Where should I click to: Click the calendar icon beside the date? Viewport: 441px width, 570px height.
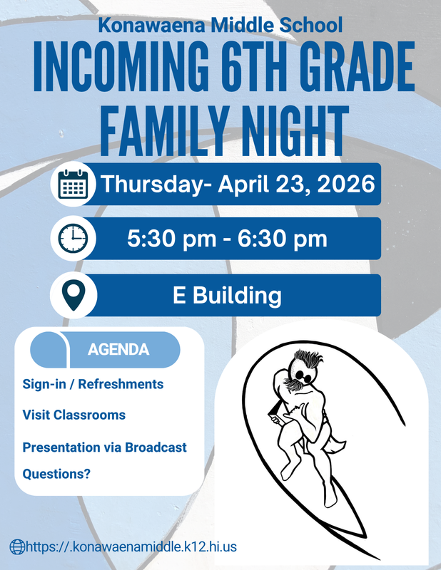pyautogui.click(x=72, y=185)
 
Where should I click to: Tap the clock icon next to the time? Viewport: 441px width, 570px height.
pyautogui.click(x=72, y=239)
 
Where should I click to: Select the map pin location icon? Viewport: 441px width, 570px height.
pyautogui.click(x=72, y=295)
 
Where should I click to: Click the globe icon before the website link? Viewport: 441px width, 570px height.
pyautogui.click(x=16, y=546)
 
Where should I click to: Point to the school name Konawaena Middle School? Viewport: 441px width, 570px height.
pyautogui.click(x=220, y=26)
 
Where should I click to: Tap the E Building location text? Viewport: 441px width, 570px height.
pyautogui.click(x=227, y=295)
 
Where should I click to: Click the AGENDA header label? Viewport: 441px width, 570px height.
pyautogui.click(x=118, y=350)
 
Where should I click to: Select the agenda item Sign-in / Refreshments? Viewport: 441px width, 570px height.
pyautogui.click(x=93, y=384)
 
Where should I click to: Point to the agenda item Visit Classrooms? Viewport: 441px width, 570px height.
pyautogui.click(x=73, y=415)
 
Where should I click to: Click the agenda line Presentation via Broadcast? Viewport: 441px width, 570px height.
pyautogui.click(x=104, y=447)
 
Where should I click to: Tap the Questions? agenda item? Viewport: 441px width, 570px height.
pyautogui.click(x=56, y=472)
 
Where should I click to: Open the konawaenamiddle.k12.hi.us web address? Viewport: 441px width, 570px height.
pyautogui.click(x=131, y=546)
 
